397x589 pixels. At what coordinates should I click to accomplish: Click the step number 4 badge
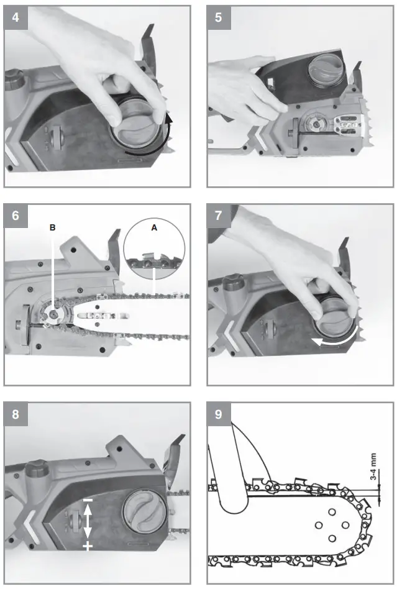pos(16,18)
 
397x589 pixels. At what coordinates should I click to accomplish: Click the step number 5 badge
pos(219,18)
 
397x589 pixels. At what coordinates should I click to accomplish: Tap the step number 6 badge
pos(16,216)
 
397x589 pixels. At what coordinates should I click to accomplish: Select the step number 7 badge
pos(219,216)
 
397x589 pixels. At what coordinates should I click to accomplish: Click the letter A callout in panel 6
pos(154,228)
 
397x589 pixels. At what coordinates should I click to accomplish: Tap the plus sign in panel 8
pos(88,546)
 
